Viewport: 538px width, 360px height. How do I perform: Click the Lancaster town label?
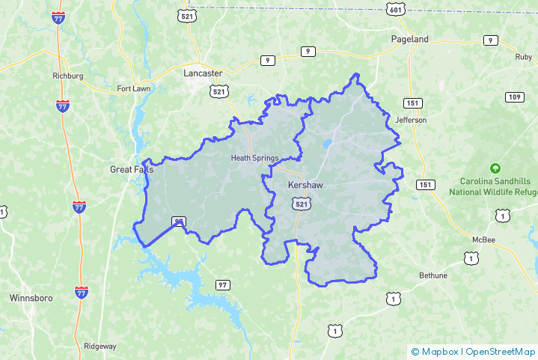pos(203,73)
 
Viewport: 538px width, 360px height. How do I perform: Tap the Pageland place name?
pos(410,38)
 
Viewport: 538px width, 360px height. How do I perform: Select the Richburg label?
pos(67,76)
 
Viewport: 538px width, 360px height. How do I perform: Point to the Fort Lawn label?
pos(134,89)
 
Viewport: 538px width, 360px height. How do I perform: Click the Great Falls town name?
pos(132,169)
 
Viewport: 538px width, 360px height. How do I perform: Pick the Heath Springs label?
pos(254,158)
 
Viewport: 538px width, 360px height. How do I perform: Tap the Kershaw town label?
pos(305,184)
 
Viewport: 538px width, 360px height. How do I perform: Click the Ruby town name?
pos(523,57)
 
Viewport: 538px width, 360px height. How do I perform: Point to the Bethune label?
pos(432,275)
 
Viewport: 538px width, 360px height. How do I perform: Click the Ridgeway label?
pos(100,346)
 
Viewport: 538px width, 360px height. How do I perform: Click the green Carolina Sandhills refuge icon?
pos(494,168)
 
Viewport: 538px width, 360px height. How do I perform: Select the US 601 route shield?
pos(397,9)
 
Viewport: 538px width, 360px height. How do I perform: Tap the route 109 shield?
pos(514,97)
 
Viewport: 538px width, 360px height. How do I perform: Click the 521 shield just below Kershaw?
pos(300,204)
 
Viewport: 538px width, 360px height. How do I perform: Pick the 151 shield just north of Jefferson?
pos(412,103)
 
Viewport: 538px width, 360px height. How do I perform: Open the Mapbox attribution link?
pos(438,351)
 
